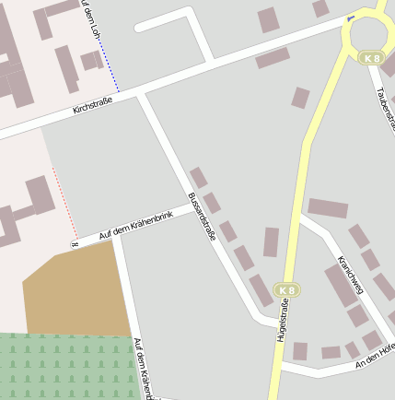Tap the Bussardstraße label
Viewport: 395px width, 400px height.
point(202,217)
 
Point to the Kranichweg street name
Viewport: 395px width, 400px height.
point(352,275)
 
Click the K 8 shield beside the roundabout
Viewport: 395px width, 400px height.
point(370,58)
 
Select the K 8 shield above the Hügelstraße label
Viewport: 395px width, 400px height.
point(287,290)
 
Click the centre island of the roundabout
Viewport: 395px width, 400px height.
point(370,32)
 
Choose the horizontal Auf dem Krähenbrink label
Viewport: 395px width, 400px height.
point(135,226)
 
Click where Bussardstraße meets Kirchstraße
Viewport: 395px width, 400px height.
point(142,93)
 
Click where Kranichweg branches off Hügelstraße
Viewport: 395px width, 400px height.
point(300,218)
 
